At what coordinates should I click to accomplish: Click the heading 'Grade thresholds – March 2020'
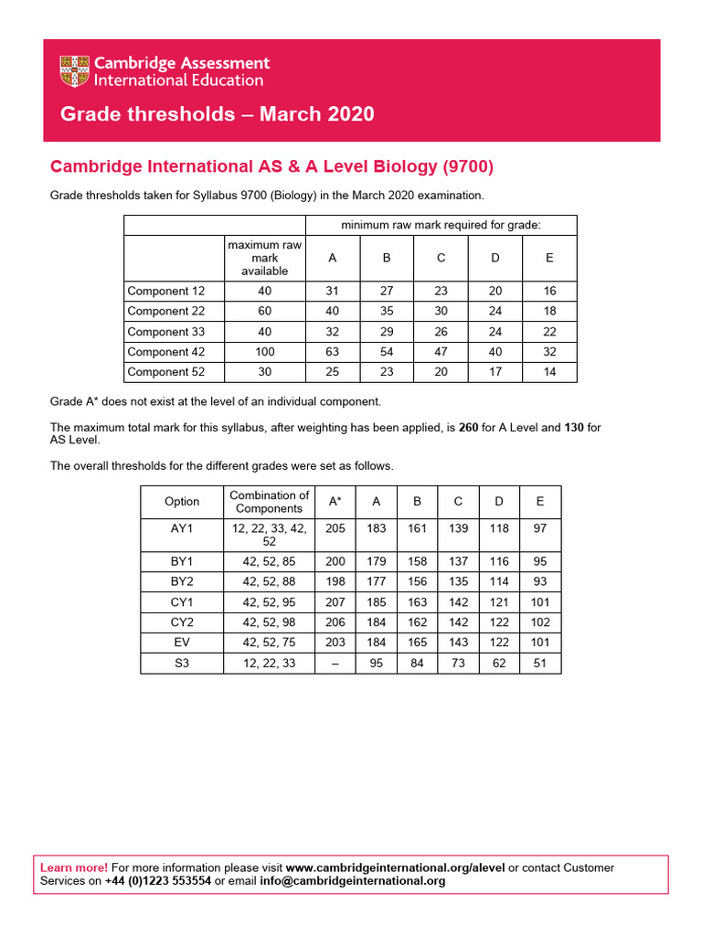[217, 114]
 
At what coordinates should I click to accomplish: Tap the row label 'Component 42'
[165, 352]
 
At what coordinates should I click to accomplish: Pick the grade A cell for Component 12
[332, 291]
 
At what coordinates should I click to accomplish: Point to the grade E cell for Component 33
[549, 332]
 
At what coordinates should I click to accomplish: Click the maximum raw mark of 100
[264, 352]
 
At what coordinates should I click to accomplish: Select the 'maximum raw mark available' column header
[264, 258]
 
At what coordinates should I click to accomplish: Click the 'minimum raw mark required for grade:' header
[441, 225]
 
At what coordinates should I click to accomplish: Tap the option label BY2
[182, 582]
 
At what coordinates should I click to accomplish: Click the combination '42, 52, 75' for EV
[269, 643]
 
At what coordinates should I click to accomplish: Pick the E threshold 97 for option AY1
[539, 527]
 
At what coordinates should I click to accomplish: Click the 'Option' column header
[182, 501]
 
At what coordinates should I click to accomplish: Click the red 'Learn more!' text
[74, 867]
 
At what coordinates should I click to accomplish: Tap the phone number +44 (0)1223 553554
[157, 881]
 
